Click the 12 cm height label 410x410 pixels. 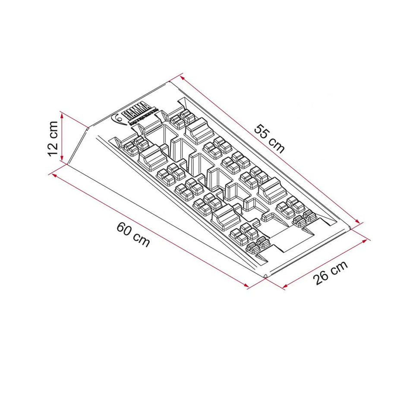click(53, 139)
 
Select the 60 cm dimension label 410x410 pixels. click(133, 234)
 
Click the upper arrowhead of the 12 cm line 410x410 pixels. click(63, 114)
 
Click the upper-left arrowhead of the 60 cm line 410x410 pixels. click(53, 174)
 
